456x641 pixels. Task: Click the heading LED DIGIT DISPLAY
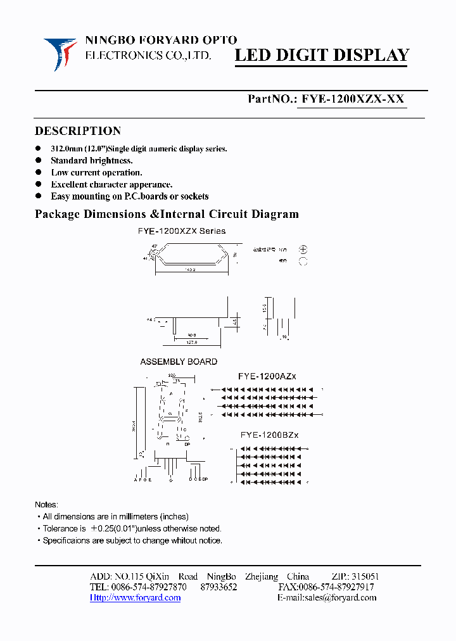[322, 56]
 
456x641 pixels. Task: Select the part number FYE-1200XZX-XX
[353, 99]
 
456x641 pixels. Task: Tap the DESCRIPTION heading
[77, 131]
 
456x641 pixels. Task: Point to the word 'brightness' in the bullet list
[110, 160]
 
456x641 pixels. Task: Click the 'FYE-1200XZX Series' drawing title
[182, 231]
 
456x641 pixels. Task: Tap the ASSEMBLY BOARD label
[179, 362]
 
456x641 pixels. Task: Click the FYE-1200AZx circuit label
[267, 376]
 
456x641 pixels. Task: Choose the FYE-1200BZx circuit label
[269, 435]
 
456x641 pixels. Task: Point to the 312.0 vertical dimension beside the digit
[200, 415]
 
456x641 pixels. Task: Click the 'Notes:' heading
[46, 505]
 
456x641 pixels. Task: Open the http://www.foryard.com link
[135, 597]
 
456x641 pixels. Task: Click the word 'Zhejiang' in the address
[262, 576]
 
